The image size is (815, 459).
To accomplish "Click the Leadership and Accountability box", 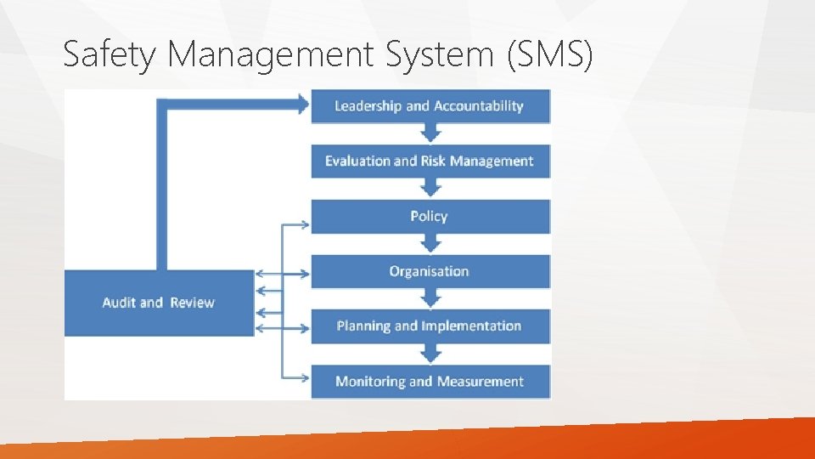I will pos(430,106).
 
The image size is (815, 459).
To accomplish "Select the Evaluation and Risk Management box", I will pos(430,161).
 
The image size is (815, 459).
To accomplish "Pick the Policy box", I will pos(430,216).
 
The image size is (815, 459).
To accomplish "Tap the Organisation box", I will pos(430,271).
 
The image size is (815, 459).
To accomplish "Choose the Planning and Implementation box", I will pos(430,326).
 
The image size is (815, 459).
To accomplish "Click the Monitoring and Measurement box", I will pos(430,382).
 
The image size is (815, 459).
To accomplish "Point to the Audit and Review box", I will pos(159,303).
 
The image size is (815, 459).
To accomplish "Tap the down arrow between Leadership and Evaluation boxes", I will pos(431,133).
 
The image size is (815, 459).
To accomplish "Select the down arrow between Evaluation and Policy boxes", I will pos(431,189).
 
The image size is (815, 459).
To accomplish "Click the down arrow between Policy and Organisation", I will pos(431,244).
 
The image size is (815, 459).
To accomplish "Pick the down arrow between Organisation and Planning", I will pos(431,299).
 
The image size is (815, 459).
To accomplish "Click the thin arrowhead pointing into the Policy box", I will pos(305,225).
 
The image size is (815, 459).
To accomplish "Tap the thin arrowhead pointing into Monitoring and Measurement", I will pos(305,376).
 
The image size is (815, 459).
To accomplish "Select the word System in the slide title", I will pos(438,55).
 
